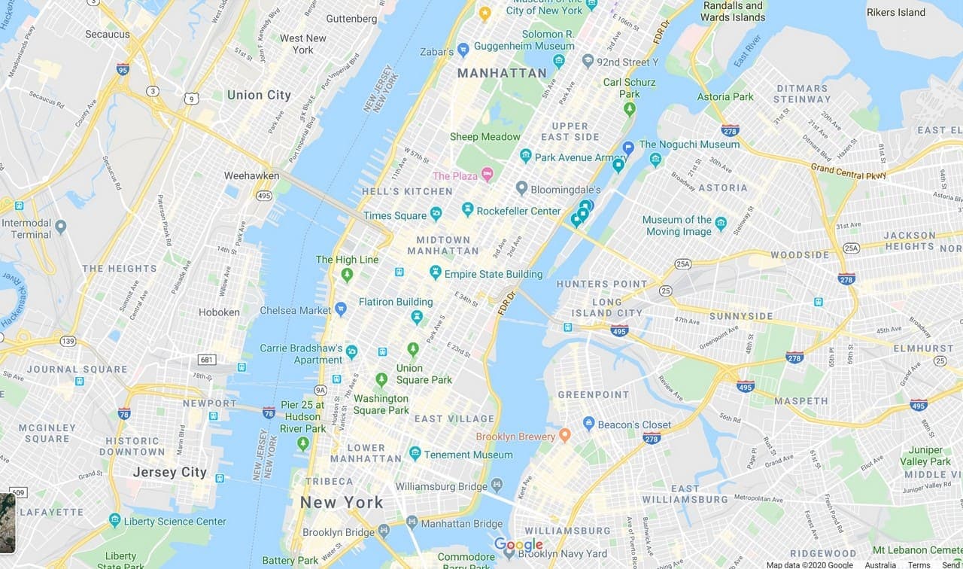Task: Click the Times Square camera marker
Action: pyautogui.click(x=436, y=215)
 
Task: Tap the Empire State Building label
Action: pyautogui.click(x=493, y=274)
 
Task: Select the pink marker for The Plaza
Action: pyautogui.click(x=487, y=175)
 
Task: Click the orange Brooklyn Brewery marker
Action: pyautogui.click(x=564, y=436)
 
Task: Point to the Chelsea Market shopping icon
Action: pyautogui.click(x=341, y=309)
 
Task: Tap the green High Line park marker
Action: pyautogui.click(x=347, y=275)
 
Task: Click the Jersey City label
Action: pyautogui.click(x=169, y=473)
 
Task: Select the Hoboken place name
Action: pyautogui.click(x=219, y=312)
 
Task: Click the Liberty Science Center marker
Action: pyautogui.click(x=114, y=520)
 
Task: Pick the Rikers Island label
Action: pyautogui.click(x=895, y=12)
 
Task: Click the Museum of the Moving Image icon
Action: pyautogui.click(x=721, y=224)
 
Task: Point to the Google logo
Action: pyautogui.click(x=518, y=545)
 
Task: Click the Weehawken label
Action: pyautogui.click(x=251, y=175)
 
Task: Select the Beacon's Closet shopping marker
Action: pyautogui.click(x=588, y=424)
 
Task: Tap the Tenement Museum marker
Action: pyautogui.click(x=415, y=453)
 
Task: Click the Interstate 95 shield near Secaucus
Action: pyautogui.click(x=123, y=69)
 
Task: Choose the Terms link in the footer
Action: pyautogui.click(x=919, y=564)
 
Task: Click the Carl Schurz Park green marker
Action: pyautogui.click(x=630, y=108)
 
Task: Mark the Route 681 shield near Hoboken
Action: pyautogui.click(x=208, y=360)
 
